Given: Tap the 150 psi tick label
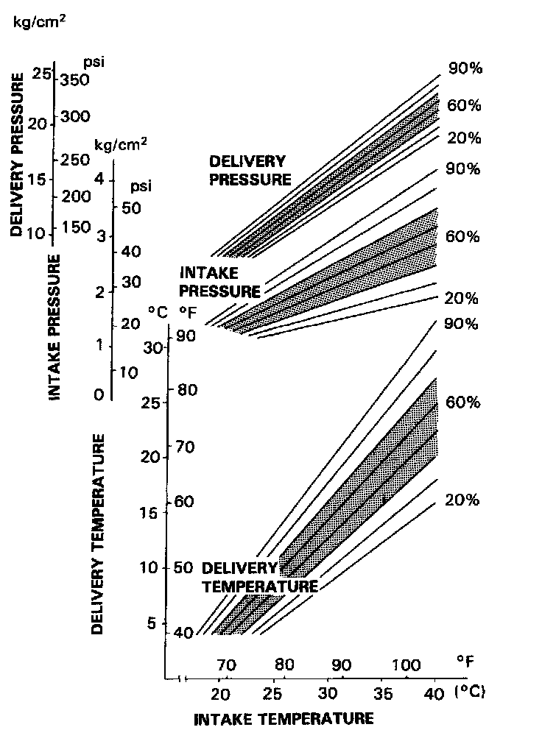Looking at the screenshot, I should click(76, 226).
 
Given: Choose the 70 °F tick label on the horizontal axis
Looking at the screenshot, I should click(226, 666).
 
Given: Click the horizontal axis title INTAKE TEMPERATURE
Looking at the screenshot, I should click(284, 719).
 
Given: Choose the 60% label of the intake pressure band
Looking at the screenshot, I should click(462, 237).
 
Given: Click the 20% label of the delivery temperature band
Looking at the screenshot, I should click(462, 500).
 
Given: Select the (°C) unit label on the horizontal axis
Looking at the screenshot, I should click(471, 692).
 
